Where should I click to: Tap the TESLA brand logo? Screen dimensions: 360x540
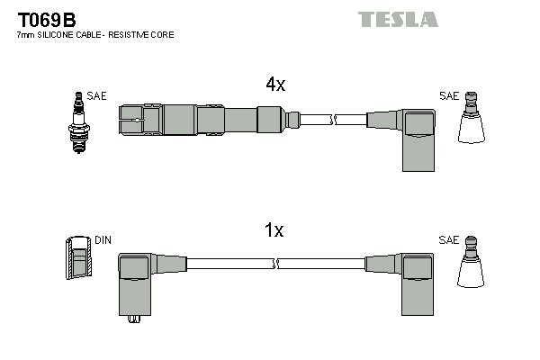(x=397, y=19)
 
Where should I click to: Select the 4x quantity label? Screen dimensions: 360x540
(x=274, y=85)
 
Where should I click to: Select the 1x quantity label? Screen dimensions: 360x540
(x=274, y=230)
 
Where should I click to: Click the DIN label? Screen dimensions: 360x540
(x=103, y=241)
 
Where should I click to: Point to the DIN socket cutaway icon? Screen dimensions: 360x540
(x=79, y=257)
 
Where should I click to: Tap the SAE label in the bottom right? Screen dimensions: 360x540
(x=448, y=241)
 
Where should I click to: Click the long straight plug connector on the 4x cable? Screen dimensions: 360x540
(x=202, y=119)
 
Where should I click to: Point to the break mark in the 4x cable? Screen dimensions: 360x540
(x=333, y=119)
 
